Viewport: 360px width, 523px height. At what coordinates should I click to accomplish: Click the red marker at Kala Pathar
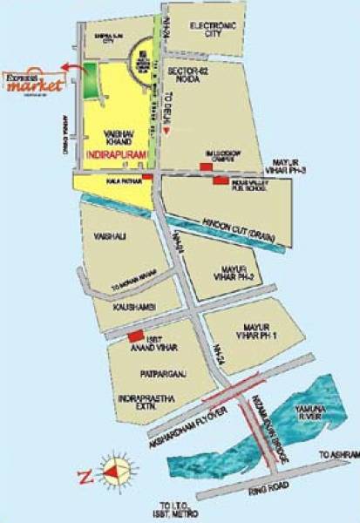point(146,177)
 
